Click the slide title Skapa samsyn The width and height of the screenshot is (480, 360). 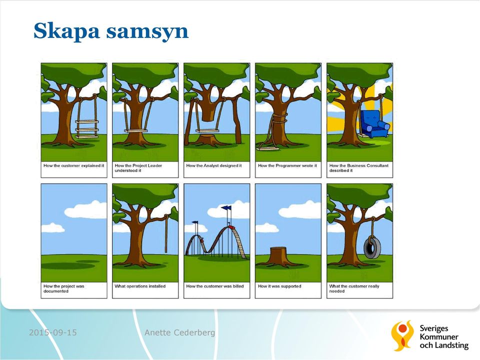tap(111, 31)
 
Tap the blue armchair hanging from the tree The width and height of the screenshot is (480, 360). tap(374, 124)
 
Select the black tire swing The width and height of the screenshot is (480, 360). tap(372, 247)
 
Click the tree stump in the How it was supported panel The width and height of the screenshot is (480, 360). tap(278, 256)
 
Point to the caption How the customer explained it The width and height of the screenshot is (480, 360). tap(74, 165)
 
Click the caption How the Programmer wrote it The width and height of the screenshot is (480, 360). tap(287, 165)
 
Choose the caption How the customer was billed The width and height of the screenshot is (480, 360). tap(215, 286)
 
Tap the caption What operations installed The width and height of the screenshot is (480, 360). tap(140, 286)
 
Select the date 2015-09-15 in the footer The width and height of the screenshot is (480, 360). tap(52, 332)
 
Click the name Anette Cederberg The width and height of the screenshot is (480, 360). tap(179, 332)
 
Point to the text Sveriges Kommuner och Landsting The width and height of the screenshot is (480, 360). tap(444, 336)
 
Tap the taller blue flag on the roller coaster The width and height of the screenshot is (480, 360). tap(226, 208)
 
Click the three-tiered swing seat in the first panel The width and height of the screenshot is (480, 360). tap(87, 129)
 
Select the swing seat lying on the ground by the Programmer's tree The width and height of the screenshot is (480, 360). tap(268, 149)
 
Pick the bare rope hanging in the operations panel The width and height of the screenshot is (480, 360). tap(166, 233)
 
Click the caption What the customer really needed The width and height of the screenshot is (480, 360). tap(354, 288)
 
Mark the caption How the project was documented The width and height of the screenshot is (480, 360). tap(63, 288)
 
